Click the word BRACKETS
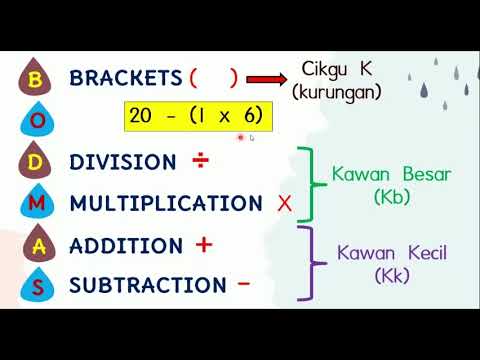(x=127, y=78)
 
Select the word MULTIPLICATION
(x=166, y=203)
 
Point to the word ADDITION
(x=126, y=245)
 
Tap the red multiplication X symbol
(x=284, y=204)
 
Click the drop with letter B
(x=36, y=79)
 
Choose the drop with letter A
(x=36, y=246)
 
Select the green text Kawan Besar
(x=392, y=175)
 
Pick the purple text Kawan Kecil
(x=392, y=252)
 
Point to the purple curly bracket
(x=318, y=262)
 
